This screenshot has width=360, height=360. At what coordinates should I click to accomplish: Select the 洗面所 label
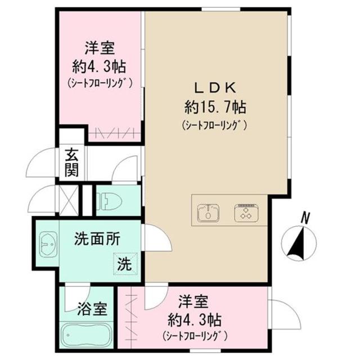(x=97, y=239)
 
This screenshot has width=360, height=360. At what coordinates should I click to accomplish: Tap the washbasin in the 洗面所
(x=46, y=245)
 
